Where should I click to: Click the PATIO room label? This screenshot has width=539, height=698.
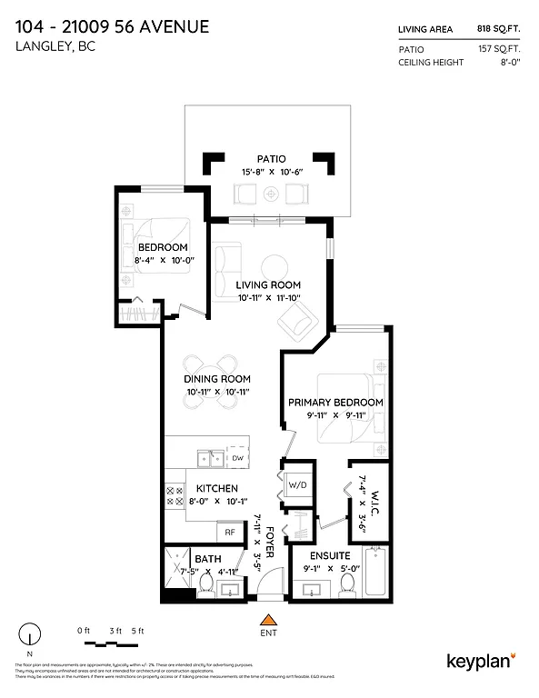[x=271, y=159]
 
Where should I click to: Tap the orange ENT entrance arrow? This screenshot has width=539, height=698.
[x=267, y=621]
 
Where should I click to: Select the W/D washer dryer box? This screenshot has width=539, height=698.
[x=298, y=484]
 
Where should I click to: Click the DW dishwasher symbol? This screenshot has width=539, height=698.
[x=237, y=459]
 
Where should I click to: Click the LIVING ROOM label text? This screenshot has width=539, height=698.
[x=268, y=284]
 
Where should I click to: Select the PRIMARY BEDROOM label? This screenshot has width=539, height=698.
[x=335, y=402]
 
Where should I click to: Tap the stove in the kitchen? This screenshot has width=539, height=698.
[x=173, y=495]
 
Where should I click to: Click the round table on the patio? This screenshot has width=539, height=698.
[x=271, y=194]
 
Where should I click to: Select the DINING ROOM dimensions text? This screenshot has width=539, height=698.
[x=217, y=392]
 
